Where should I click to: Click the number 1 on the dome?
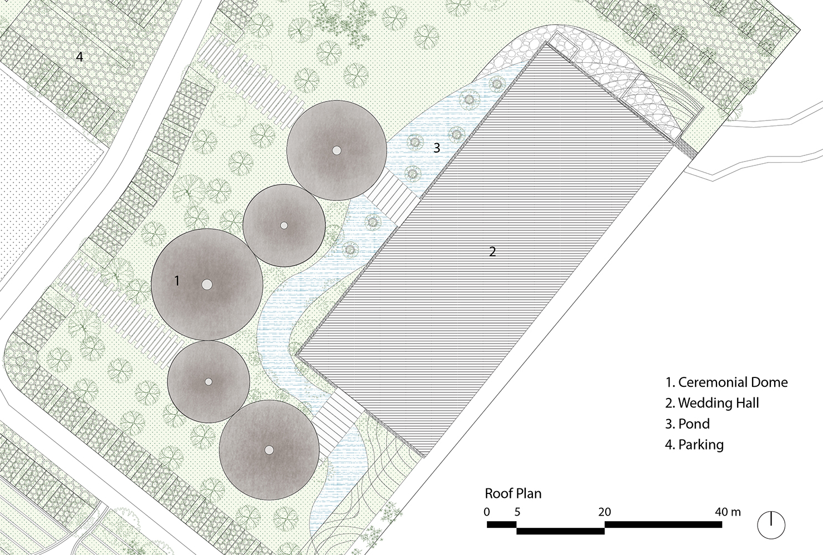click(x=177, y=281)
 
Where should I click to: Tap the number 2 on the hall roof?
click(x=492, y=251)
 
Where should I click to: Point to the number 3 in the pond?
click(x=436, y=148)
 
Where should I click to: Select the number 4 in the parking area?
click(x=79, y=57)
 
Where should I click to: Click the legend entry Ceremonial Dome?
click(x=727, y=382)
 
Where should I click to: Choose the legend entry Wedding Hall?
click(x=712, y=403)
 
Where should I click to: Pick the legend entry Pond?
click(x=688, y=423)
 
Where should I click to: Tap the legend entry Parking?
click(x=694, y=445)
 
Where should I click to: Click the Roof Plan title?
click(x=514, y=493)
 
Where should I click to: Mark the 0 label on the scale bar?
click(x=487, y=512)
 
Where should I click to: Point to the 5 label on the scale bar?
click(x=517, y=512)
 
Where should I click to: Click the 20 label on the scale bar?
click(x=604, y=512)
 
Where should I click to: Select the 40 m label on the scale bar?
click(x=728, y=512)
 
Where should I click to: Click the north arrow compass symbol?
click(x=771, y=525)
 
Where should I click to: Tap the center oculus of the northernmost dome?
click(x=337, y=150)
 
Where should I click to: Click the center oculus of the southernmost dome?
click(x=270, y=450)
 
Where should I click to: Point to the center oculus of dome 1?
click(x=207, y=285)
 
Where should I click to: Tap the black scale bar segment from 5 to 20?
click(x=561, y=531)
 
